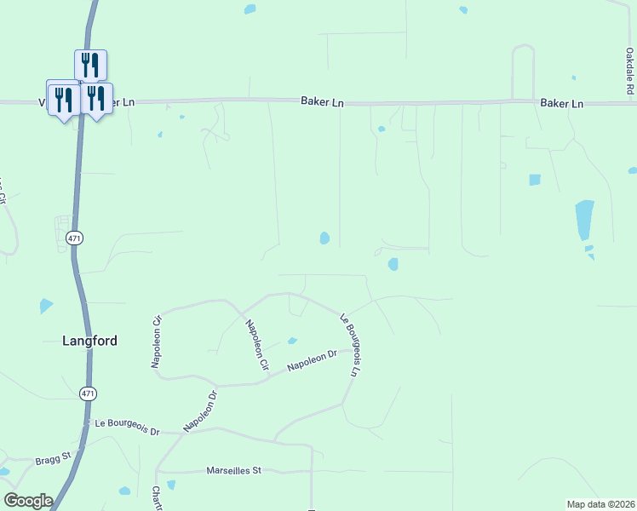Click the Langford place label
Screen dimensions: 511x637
[x=89, y=341]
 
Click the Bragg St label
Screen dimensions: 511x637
[x=52, y=461]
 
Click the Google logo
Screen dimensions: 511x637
[x=28, y=501]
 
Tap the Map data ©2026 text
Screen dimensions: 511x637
[x=600, y=503]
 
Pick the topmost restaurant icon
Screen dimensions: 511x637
[x=90, y=65]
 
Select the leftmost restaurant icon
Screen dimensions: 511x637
[x=62, y=98]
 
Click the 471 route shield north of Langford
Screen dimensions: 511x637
[x=75, y=239]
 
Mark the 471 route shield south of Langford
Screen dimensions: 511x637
[x=89, y=393]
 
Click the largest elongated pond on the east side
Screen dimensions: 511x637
[x=584, y=221]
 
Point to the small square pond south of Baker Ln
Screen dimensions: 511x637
[x=535, y=180]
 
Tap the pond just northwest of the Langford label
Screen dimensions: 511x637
[x=45, y=306]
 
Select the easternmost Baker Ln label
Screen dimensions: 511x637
[x=561, y=103]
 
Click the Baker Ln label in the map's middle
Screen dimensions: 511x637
[x=322, y=101]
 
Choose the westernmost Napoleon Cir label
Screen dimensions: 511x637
[x=157, y=342]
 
